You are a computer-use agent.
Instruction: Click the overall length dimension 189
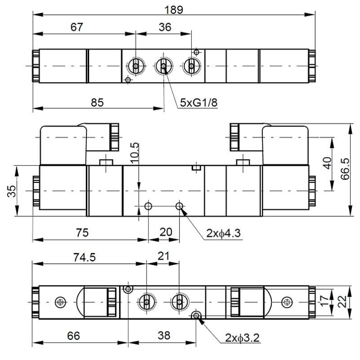[x=174, y=9]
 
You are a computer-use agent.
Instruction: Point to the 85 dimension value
[x=97, y=102]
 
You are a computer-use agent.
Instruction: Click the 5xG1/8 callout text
[x=198, y=103]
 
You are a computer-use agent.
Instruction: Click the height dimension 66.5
[x=345, y=169]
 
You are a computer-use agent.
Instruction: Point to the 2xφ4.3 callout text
[x=224, y=233]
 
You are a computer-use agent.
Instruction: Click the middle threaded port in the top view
[x=163, y=67]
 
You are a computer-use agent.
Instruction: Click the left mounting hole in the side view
[x=148, y=206]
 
